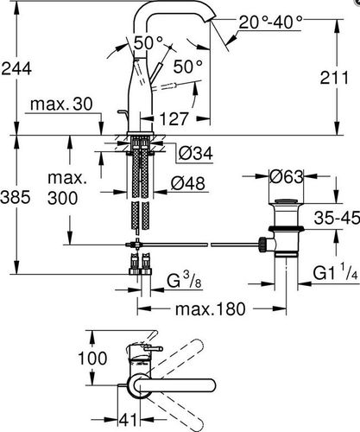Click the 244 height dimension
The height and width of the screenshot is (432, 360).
[x=16, y=69]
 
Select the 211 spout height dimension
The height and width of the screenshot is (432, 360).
[x=334, y=78]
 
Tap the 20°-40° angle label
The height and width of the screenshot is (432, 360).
[x=271, y=22]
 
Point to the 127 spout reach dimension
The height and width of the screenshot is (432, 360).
[x=174, y=118]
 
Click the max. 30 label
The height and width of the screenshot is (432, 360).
[x=61, y=104]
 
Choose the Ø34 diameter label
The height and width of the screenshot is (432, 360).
[x=196, y=153]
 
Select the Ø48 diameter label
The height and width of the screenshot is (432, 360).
[x=188, y=183]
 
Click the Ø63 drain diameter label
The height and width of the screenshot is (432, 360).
[x=287, y=176]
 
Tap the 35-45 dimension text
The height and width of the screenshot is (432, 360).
[x=337, y=218]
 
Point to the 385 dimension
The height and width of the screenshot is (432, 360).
[x=16, y=198]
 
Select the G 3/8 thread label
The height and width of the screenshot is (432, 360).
[x=184, y=280]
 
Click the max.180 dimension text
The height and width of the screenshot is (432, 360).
[x=211, y=308]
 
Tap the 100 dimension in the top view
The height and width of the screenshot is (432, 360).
[x=92, y=359]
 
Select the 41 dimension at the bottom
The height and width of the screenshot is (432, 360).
[x=129, y=420]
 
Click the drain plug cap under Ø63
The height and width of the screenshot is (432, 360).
[x=286, y=201]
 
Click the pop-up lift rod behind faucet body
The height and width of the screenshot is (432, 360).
[x=122, y=116]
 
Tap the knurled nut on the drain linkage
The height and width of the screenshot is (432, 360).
[x=262, y=245]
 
